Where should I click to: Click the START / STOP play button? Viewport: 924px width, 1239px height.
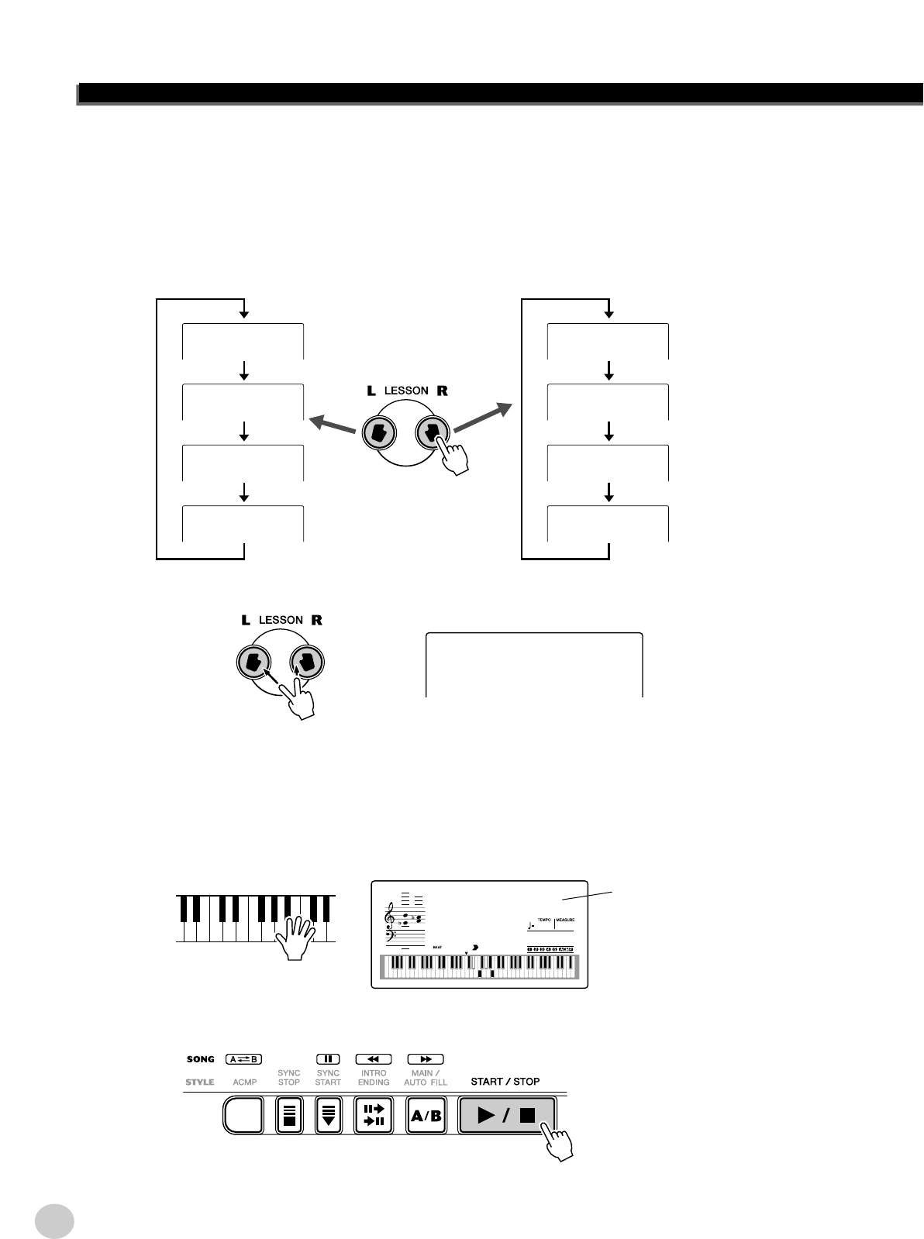coord(507,1115)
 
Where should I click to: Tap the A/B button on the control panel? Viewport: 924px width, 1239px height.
coord(426,1116)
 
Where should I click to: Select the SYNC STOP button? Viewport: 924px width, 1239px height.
coord(289,1116)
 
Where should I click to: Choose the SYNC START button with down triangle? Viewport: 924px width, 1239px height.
coord(328,1116)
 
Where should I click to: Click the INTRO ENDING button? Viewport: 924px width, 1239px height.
coord(374,1116)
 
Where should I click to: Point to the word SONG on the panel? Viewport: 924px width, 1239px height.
coord(200,1058)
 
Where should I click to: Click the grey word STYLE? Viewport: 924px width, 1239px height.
coord(200,1081)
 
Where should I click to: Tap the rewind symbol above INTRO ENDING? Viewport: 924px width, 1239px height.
coord(374,1058)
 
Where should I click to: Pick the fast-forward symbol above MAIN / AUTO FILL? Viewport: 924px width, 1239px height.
coord(426,1058)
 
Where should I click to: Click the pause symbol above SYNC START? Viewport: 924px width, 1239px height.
coord(328,1058)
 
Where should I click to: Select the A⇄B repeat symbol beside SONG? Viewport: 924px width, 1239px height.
coord(244,1058)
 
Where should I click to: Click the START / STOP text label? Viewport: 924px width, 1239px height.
coord(505,1081)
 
